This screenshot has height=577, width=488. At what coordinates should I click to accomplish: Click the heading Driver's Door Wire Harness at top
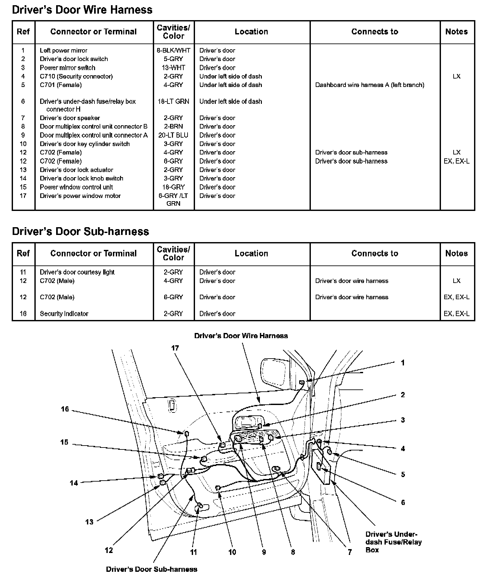[82, 10]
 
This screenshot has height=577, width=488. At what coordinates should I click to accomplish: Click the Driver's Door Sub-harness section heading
[80, 231]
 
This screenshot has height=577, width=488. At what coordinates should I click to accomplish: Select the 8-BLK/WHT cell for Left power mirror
[173, 50]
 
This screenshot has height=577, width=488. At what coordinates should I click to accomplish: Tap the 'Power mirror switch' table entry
[67, 68]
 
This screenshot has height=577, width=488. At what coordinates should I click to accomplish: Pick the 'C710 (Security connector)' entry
[76, 76]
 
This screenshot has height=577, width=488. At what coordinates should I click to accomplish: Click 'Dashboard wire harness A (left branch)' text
[370, 85]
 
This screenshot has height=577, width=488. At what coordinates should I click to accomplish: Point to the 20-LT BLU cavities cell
[173, 135]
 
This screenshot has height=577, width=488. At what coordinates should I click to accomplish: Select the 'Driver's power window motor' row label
[80, 196]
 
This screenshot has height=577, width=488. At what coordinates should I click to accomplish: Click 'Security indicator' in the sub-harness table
[64, 313]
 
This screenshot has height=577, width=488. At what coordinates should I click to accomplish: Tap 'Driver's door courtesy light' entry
[77, 272]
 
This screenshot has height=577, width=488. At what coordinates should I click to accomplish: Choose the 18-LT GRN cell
[173, 101]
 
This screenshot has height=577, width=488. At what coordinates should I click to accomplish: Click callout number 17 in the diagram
[175, 348]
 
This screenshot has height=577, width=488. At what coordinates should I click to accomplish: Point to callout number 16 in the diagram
[65, 409]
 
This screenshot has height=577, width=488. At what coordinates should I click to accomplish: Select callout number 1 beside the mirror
[403, 362]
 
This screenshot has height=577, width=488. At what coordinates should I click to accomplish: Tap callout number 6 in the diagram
[403, 502]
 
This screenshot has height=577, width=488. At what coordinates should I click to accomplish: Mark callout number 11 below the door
[193, 552]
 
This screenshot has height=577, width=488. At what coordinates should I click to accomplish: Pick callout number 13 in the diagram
[89, 522]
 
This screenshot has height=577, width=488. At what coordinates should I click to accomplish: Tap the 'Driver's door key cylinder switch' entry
[85, 144]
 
